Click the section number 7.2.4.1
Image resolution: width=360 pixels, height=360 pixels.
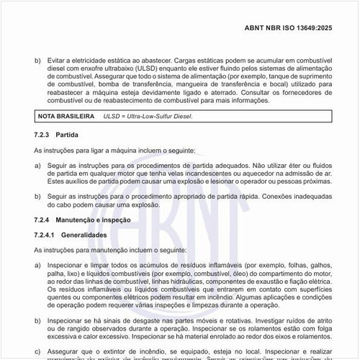47,235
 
